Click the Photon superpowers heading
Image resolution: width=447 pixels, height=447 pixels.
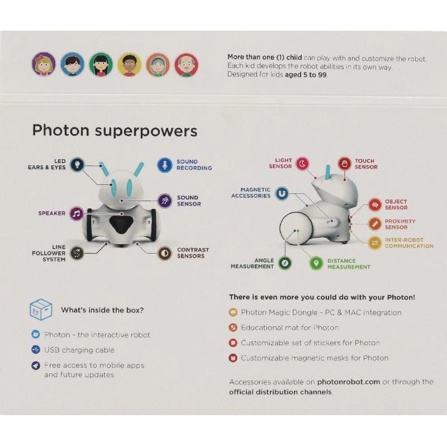[x=115, y=131]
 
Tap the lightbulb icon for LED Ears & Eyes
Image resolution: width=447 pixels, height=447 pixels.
[x=77, y=164]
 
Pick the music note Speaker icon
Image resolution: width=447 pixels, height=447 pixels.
[x=77, y=213]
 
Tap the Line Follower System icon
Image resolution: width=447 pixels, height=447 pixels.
[x=77, y=253]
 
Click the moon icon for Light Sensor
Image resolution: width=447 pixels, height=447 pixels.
[x=302, y=163]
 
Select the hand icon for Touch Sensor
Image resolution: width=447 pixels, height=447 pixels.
[x=345, y=163]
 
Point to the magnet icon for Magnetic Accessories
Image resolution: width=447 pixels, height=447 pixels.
[x=282, y=193]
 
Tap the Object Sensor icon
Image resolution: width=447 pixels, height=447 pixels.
[x=374, y=205]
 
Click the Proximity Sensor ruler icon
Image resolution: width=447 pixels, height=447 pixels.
[x=374, y=224]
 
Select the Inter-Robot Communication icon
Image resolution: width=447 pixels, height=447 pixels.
[x=374, y=242]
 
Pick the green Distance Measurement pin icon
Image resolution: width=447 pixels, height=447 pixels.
[x=316, y=264]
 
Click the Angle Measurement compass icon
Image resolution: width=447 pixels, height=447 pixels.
[x=286, y=263]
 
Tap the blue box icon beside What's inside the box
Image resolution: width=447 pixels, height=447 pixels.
[x=41, y=310]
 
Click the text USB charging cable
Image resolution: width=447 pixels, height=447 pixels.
[x=79, y=350]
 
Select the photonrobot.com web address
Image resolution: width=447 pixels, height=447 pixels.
[x=349, y=382]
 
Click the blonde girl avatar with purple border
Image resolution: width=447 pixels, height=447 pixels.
[x=44, y=65]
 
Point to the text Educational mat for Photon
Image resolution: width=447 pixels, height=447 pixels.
[x=289, y=327]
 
